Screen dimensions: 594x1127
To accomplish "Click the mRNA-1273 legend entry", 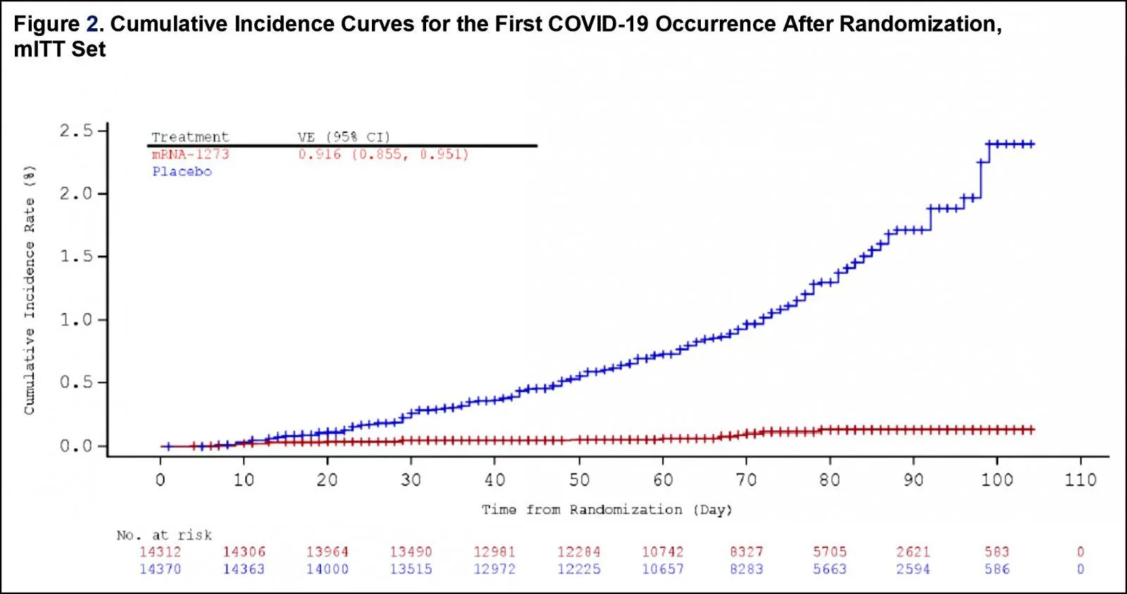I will [190, 154].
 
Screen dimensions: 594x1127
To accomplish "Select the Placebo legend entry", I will [182, 171].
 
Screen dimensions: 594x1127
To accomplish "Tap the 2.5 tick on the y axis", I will [76, 130].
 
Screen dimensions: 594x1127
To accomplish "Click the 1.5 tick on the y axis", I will [76, 256].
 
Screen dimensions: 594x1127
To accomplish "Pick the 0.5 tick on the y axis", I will [76, 383].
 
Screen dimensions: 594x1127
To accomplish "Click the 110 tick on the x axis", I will [1080, 480].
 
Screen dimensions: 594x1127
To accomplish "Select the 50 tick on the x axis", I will [578, 480].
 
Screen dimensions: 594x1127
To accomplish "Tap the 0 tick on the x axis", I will [161, 480].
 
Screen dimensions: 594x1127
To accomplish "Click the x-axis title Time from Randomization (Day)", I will [606, 509].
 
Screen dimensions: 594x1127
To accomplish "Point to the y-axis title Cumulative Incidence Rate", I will [30, 290].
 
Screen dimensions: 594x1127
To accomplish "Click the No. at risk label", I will [164, 535].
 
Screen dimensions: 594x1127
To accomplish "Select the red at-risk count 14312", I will [160, 552].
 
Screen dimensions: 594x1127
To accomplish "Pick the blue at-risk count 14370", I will [160, 569].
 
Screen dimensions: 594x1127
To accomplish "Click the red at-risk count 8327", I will [746, 552].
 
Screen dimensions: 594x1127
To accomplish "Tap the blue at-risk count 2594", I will [913, 569].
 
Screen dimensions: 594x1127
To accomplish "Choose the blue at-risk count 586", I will [997, 569].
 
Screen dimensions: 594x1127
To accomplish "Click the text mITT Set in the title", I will [59, 49].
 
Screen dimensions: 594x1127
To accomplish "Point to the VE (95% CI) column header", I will [344, 137].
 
